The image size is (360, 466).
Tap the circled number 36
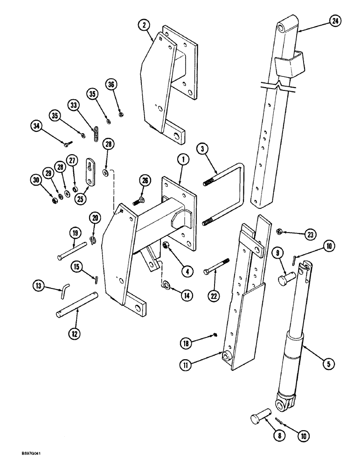111,84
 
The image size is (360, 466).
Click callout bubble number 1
183,159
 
